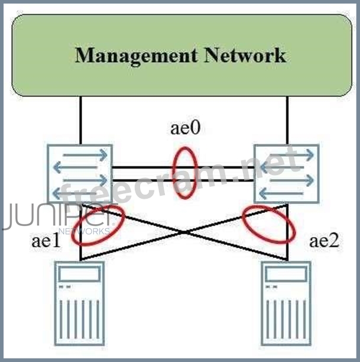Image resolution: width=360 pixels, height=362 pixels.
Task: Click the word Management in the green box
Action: [x=136, y=56]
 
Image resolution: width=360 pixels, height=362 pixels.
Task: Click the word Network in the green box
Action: [x=245, y=56]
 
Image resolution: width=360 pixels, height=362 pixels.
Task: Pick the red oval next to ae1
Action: [x=98, y=225]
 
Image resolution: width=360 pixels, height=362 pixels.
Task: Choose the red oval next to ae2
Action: [x=269, y=224]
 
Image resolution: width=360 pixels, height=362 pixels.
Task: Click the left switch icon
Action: [x=80, y=173]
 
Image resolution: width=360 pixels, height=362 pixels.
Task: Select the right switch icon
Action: [x=287, y=173]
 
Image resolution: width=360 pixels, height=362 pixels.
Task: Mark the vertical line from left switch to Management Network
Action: [x=80, y=121]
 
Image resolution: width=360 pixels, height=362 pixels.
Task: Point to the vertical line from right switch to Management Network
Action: [x=287, y=121]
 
